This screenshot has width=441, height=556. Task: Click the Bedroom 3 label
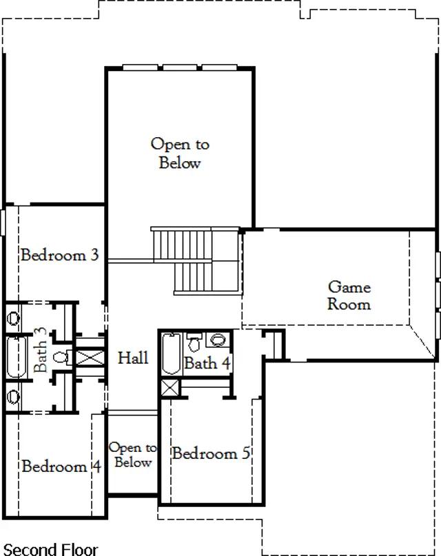tap(59, 255)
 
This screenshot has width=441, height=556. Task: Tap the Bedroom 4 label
tap(61, 466)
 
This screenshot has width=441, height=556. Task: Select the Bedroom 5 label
tap(212, 453)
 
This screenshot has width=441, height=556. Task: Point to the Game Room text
tap(349, 296)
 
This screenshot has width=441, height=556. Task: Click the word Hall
tap(133, 358)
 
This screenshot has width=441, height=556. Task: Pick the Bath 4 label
tap(207, 363)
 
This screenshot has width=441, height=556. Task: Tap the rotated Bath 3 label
tap(40, 349)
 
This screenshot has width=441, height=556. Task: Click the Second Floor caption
tap(50, 549)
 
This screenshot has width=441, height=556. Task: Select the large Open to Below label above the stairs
tap(180, 153)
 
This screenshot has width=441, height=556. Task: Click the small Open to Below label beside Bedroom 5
tap(133, 455)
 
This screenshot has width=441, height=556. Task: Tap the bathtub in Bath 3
tap(17, 358)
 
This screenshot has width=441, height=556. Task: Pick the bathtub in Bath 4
tap(171, 353)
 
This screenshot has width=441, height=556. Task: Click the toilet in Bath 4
tap(194, 342)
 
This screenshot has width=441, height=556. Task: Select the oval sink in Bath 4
tap(218, 340)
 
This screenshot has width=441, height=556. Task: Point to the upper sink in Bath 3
tap(14, 318)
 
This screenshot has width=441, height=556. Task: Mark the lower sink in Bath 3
tap(14, 396)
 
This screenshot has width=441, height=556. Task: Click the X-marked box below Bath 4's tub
tap(170, 389)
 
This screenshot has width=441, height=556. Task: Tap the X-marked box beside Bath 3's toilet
tap(90, 358)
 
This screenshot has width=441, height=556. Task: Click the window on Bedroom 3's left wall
tap(3, 223)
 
